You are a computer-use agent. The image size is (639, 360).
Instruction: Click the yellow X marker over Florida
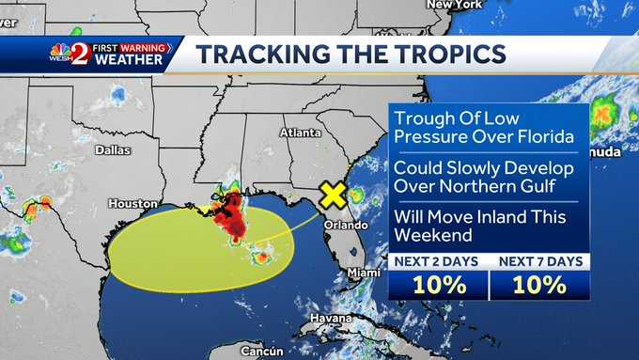pyautogui.click(x=332, y=195)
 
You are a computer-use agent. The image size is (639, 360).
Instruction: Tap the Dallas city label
pyautogui.click(x=113, y=149)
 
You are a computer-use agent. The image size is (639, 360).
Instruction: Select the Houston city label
pyautogui.click(x=132, y=203)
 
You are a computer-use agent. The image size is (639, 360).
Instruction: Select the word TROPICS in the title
pyautogui.click(x=442, y=53)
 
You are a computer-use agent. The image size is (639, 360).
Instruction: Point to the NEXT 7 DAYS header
pyautogui.click(x=538, y=261)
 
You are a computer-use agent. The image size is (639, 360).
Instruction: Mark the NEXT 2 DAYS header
pyautogui.click(x=436, y=261)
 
